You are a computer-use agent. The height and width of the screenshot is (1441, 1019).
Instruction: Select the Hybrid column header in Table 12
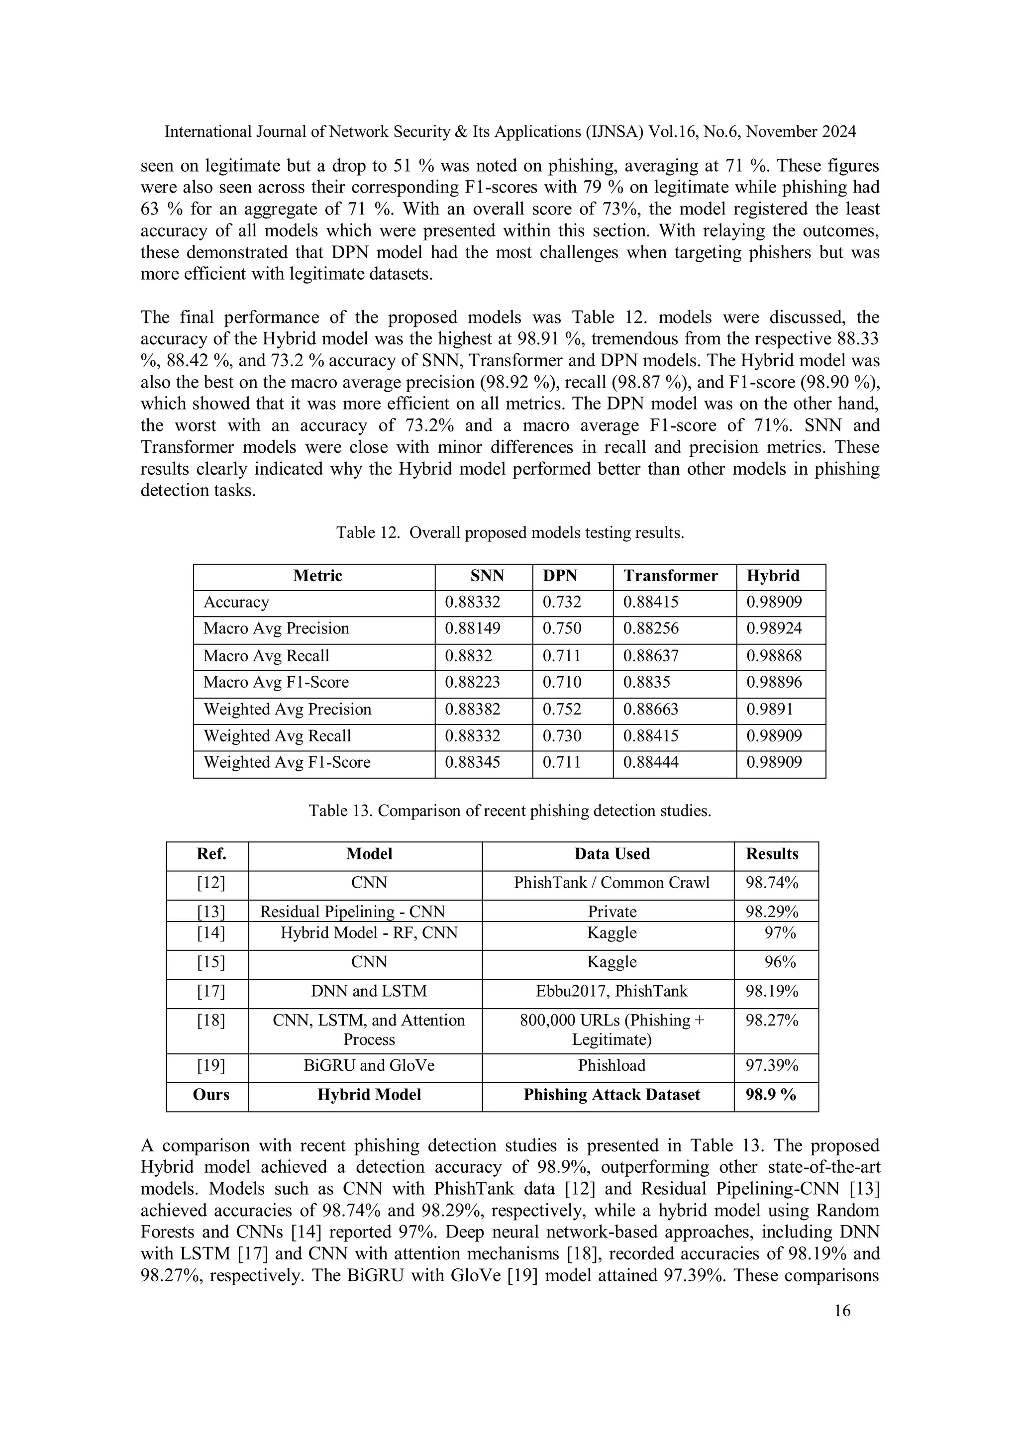(x=773, y=576)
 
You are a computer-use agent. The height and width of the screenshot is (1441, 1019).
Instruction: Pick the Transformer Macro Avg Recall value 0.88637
(x=651, y=656)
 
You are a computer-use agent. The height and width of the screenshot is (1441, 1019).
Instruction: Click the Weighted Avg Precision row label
(x=288, y=709)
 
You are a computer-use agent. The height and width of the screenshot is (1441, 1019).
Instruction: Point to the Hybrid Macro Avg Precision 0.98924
(x=774, y=629)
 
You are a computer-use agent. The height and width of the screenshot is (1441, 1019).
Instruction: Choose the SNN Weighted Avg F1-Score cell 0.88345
(x=473, y=763)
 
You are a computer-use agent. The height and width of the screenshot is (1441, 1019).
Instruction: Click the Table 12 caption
(x=509, y=533)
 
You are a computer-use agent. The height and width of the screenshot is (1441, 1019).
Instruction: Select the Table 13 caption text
(x=509, y=811)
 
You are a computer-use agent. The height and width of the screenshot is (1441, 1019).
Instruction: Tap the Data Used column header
(x=612, y=854)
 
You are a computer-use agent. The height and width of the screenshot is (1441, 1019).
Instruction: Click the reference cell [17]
(x=211, y=992)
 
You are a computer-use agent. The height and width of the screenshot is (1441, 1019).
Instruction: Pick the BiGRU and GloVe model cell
(x=369, y=1066)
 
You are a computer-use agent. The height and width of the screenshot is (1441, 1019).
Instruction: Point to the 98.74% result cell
(x=772, y=883)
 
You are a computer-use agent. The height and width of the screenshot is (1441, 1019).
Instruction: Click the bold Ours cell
(x=211, y=1095)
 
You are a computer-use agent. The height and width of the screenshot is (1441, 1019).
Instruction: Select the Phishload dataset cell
(x=612, y=1066)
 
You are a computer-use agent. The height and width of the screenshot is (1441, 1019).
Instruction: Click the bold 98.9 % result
(x=771, y=1095)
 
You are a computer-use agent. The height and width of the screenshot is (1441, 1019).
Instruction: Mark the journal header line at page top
(x=509, y=132)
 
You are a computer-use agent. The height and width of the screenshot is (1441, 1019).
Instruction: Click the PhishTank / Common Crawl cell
(x=612, y=883)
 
